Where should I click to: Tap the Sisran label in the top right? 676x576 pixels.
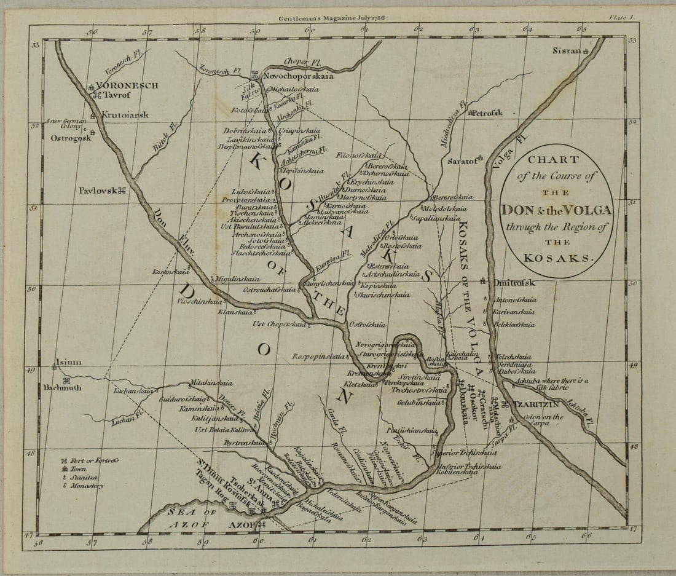(x=566, y=50)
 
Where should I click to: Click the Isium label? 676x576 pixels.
(x=68, y=362)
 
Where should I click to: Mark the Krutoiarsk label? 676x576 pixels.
(x=125, y=115)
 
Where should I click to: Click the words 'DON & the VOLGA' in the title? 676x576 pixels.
(x=556, y=210)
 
